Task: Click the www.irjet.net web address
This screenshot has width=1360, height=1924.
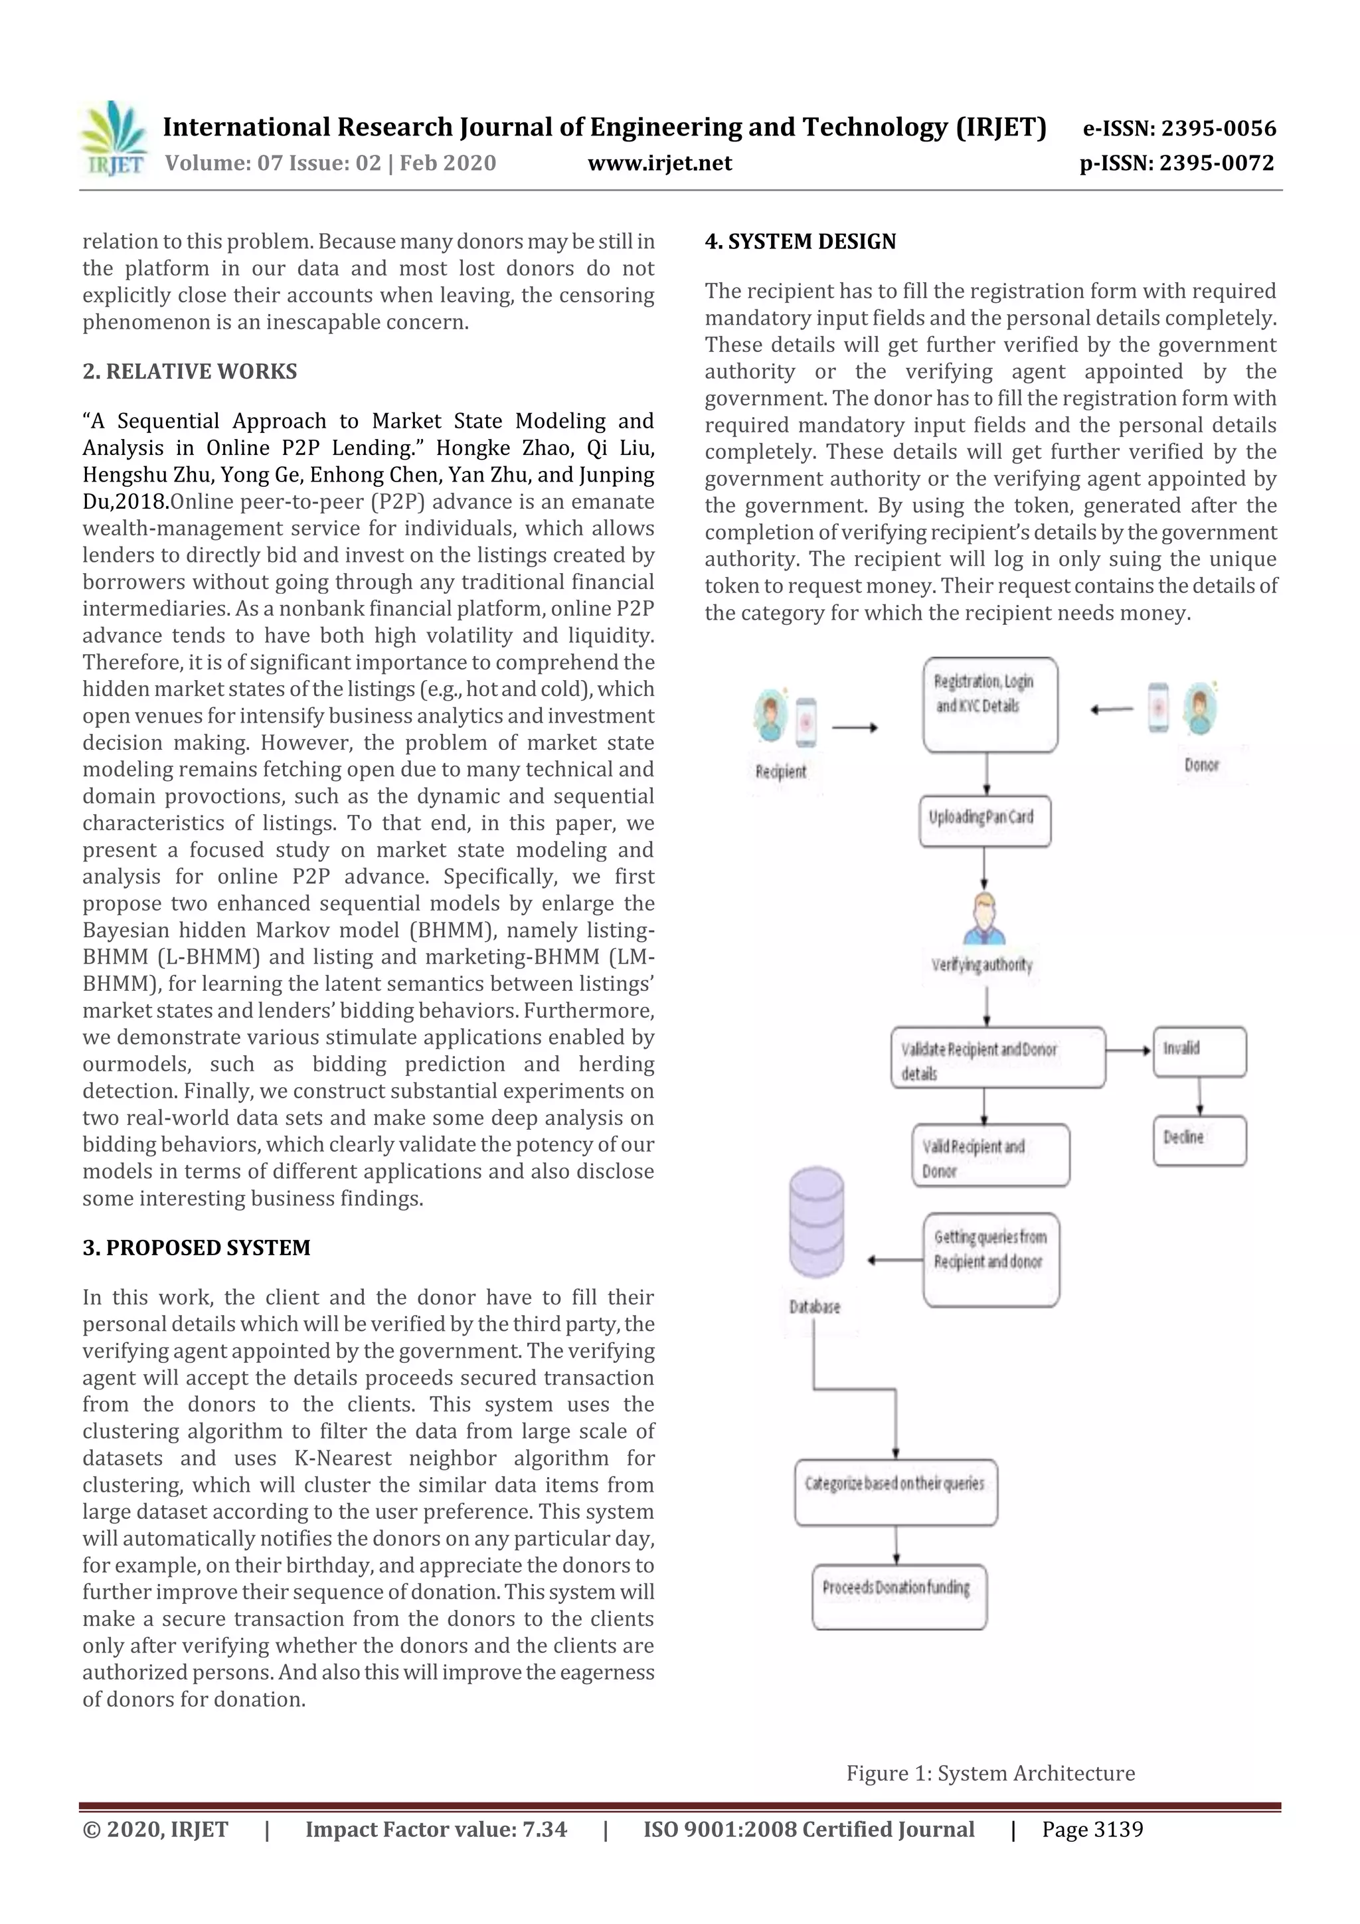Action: pos(659,163)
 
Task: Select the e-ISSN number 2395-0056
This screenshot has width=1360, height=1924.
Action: pos(1179,128)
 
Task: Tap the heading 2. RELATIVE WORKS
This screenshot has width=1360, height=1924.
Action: pos(189,371)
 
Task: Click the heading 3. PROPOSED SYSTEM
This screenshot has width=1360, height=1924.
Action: pos(196,1248)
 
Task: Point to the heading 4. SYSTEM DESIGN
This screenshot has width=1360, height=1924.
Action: pos(800,241)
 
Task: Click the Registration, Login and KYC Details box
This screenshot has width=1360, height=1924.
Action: pos(989,705)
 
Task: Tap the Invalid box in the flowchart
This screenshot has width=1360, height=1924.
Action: pos(1199,1052)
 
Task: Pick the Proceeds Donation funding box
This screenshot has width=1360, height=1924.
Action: pos(898,1597)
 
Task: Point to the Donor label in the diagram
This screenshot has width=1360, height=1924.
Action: pos(1201,764)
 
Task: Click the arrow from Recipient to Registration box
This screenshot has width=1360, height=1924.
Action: pos(854,727)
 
